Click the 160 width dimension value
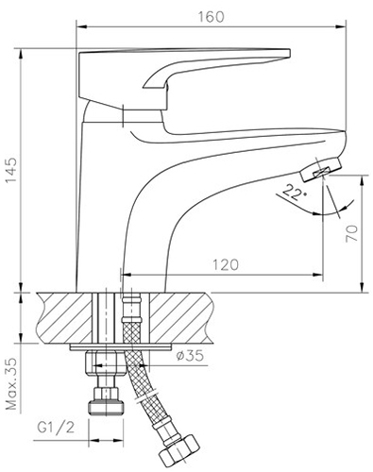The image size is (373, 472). click(x=211, y=17)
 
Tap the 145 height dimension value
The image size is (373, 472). click(x=11, y=171)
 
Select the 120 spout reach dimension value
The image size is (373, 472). click(x=226, y=264)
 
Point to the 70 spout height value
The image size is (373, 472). click(x=352, y=233)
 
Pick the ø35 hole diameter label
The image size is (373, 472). click(x=190, y=356)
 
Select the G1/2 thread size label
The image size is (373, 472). click(x=56, y=428)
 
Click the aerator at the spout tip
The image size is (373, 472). click(x=320, y=169)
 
